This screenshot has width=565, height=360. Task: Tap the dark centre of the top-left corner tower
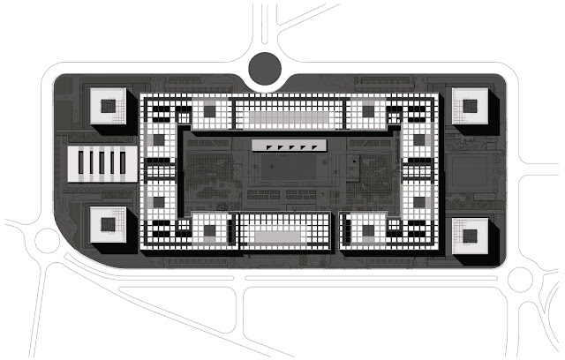(109, 109)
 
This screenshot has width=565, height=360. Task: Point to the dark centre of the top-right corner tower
(465, 109)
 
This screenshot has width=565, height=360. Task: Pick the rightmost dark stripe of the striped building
(123, 163)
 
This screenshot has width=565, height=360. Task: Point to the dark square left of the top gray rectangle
(210, 110)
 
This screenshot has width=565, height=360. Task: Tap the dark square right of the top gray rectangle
(362, 110)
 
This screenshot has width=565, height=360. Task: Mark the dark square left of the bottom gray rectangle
(210, 230)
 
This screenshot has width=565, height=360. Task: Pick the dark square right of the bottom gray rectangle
(362, 230)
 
